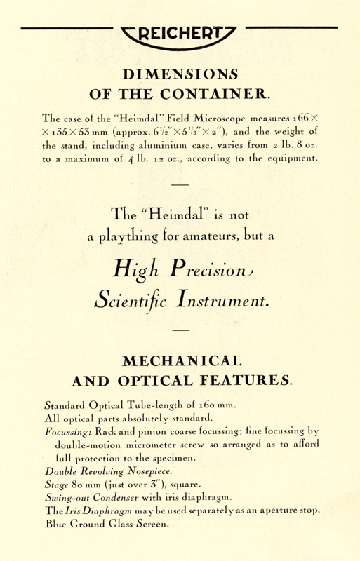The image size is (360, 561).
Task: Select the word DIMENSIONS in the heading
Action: coord(180,74)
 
